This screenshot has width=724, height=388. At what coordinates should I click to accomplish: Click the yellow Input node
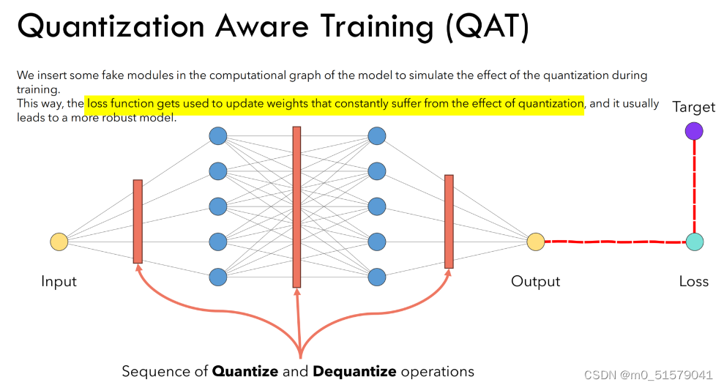(59, 242)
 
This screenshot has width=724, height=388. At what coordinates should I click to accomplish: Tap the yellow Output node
(536, 242)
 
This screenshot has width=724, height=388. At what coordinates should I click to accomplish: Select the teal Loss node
(695, 242)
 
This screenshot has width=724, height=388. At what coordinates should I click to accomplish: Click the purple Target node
(694, 131)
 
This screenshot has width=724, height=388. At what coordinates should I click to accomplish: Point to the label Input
(59, 282)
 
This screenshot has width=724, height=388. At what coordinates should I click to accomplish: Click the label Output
(536, 282)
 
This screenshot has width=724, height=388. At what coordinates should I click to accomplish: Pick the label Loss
(694, 282)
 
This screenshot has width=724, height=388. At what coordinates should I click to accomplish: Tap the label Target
(694, 107)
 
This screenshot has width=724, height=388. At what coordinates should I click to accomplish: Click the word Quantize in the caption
(245, 371)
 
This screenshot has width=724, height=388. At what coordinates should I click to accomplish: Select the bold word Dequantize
(354, 371)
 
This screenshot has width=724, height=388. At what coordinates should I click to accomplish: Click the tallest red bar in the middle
(296, 206)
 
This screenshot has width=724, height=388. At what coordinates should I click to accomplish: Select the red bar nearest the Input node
(138, 221)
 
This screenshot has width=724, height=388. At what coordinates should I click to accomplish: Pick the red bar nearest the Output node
(449, 221)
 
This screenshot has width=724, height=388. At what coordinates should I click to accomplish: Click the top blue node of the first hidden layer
(217, 136)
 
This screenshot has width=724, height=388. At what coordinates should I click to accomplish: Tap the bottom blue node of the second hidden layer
(376, 277)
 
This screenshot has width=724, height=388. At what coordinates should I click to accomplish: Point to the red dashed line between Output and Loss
(615, 242)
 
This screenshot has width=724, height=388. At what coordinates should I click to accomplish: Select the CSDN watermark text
(648, 375)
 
